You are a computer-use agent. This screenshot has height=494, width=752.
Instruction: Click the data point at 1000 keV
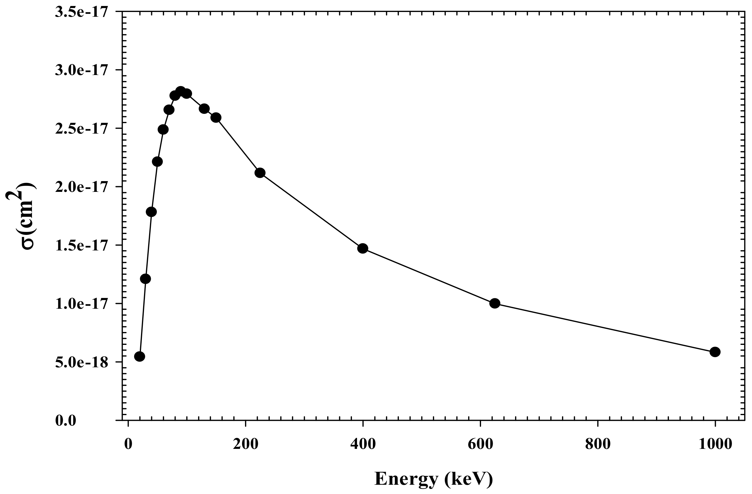click(715, 352)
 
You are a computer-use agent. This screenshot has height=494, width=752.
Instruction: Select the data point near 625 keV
click(495, 303)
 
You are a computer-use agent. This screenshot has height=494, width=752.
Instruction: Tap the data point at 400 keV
click(362, 248)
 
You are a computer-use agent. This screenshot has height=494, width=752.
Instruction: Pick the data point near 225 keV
click(260, 173)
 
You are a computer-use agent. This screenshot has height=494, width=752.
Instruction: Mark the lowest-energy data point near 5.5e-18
click(140, 357)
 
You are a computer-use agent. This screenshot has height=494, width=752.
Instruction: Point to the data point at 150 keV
click(216, 117)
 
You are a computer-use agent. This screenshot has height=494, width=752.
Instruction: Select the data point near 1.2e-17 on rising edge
click(145, 279)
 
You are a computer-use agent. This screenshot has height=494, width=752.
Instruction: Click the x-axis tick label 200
click(246, 444)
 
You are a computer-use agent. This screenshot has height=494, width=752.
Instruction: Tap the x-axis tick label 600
click(480, 444)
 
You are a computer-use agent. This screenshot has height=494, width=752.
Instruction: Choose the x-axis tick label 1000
click(715, 444)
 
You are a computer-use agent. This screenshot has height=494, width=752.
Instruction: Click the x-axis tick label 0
click(128, 444)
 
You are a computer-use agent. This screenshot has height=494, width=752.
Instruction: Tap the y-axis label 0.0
click(66, 421)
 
